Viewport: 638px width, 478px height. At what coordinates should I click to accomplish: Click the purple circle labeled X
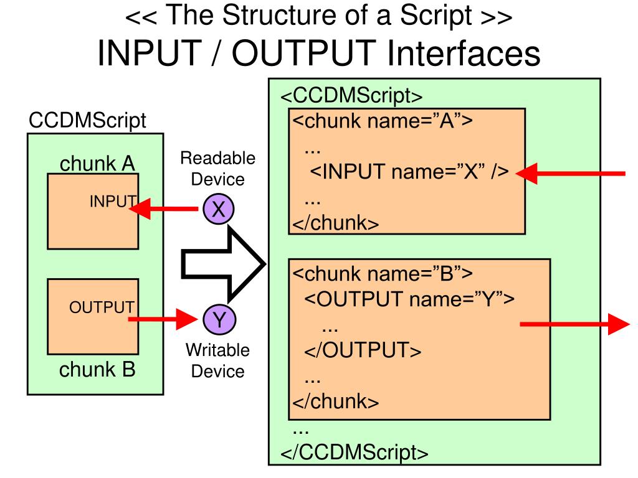[218, 210]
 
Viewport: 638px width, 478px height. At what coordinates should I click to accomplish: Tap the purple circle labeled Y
[218, 320]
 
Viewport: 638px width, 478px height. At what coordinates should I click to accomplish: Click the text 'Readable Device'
[217, 169]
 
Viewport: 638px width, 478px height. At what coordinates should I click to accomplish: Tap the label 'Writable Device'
[217, 360]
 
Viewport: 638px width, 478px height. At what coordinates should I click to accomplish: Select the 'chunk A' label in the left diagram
[98, 164]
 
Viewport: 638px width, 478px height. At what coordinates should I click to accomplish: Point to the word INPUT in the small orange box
[112, 200]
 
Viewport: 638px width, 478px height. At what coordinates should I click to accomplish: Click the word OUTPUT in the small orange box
[102, 307]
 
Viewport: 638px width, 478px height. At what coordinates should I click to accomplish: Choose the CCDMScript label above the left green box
[88, 120]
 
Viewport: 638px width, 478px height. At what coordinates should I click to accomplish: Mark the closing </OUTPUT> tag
[363, 350]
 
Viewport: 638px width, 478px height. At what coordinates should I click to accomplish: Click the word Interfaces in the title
[464, 54]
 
